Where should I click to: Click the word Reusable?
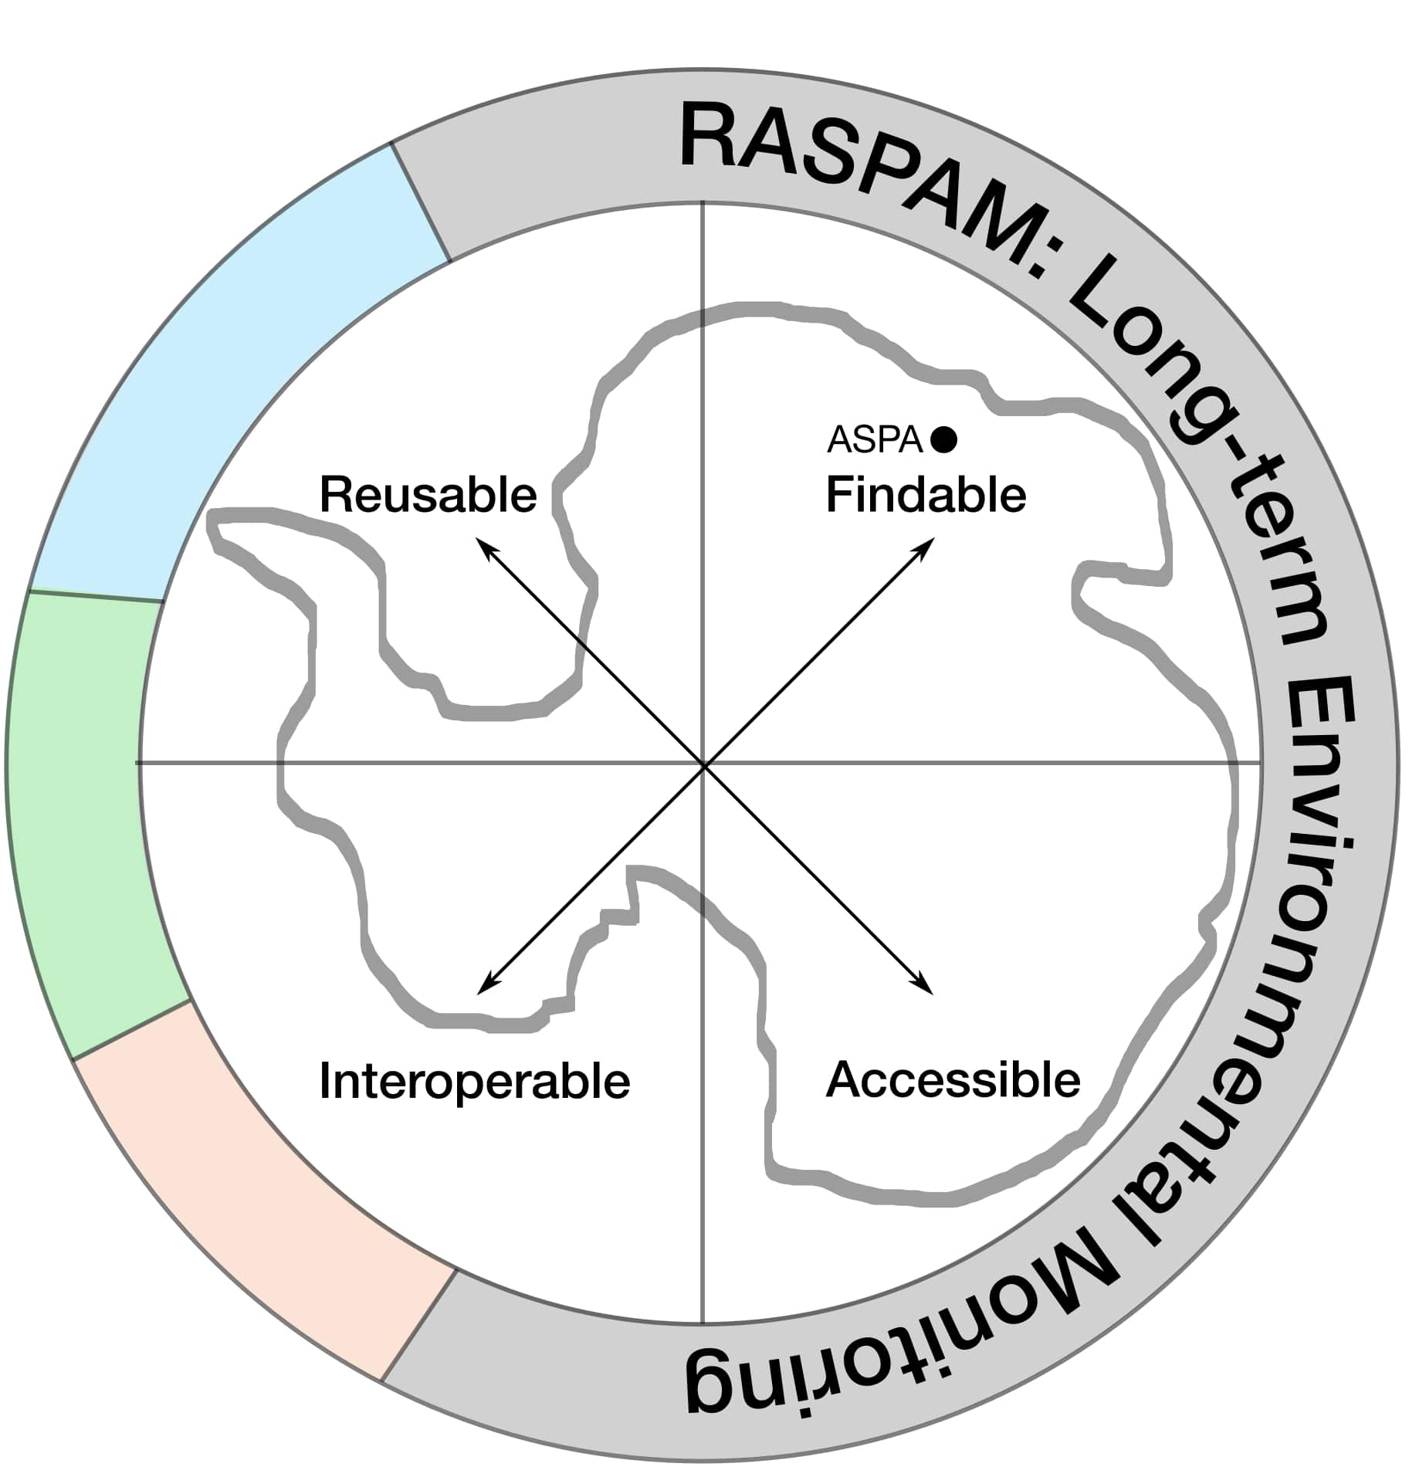point(428,495)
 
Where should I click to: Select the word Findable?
point(926,495)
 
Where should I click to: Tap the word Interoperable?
point(474,1081)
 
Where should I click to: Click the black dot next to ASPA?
point(943,439)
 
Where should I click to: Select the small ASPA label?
point(875,440)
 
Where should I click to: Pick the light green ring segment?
point(85,818)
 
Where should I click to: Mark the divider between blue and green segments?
point(95,596)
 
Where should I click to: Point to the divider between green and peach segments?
point(131,1031)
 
